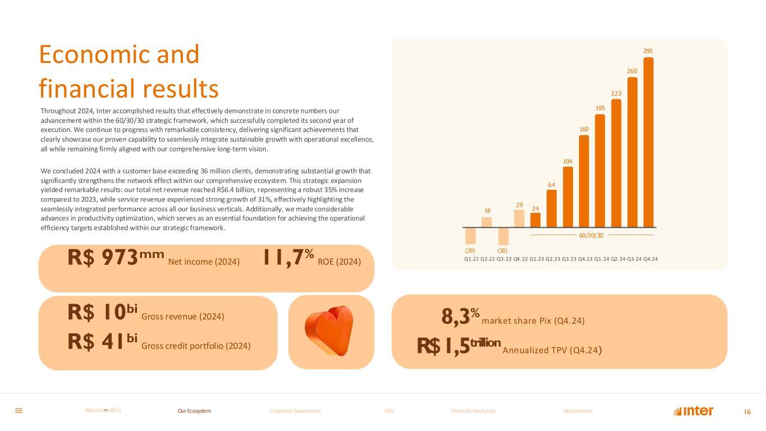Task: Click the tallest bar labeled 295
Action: [x=648, y=141]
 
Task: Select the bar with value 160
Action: [x=584, y=181]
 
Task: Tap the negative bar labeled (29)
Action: [x=470, y=235]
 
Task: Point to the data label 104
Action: [x=568, y=161]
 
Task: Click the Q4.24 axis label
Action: [x=650, y=259]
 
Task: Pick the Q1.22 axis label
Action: [x=471, y=259]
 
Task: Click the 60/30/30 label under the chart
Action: [x=591, y=235]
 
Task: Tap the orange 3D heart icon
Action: [x=331, y=332]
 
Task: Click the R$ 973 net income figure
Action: [x=116, y=258]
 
